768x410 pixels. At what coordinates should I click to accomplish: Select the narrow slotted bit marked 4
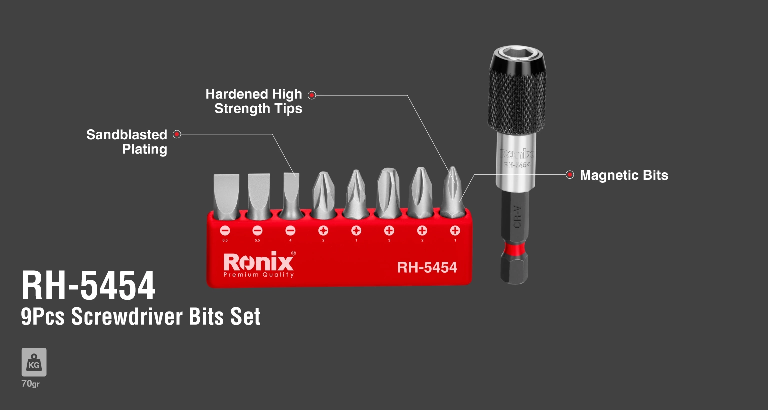(x=291, y=195)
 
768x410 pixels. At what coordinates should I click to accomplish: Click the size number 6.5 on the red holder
(x=225, y=241)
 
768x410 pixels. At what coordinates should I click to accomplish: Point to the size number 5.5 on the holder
(x=257, y=241)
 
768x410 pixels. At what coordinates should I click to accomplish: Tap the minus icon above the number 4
(x=290, y=231)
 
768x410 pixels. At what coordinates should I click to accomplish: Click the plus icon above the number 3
(x=389, y=231)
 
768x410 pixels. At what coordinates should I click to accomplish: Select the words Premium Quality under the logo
(x=258, y=275)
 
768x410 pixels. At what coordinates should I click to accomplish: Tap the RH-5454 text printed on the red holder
(x=427, y=268)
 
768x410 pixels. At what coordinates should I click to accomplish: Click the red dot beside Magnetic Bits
(x=570, y=175)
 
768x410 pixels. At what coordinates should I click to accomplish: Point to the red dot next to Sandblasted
(x=177, y=134)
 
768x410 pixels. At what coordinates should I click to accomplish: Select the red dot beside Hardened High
(x=312, y=95)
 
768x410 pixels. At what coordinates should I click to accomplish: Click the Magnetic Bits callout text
(x=624, y=175)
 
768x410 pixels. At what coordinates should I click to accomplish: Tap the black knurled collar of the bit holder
(x=517, y=97)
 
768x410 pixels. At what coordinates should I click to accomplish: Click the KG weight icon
(x=34, y=362)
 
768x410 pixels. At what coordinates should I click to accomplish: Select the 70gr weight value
(x=30, y=384)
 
